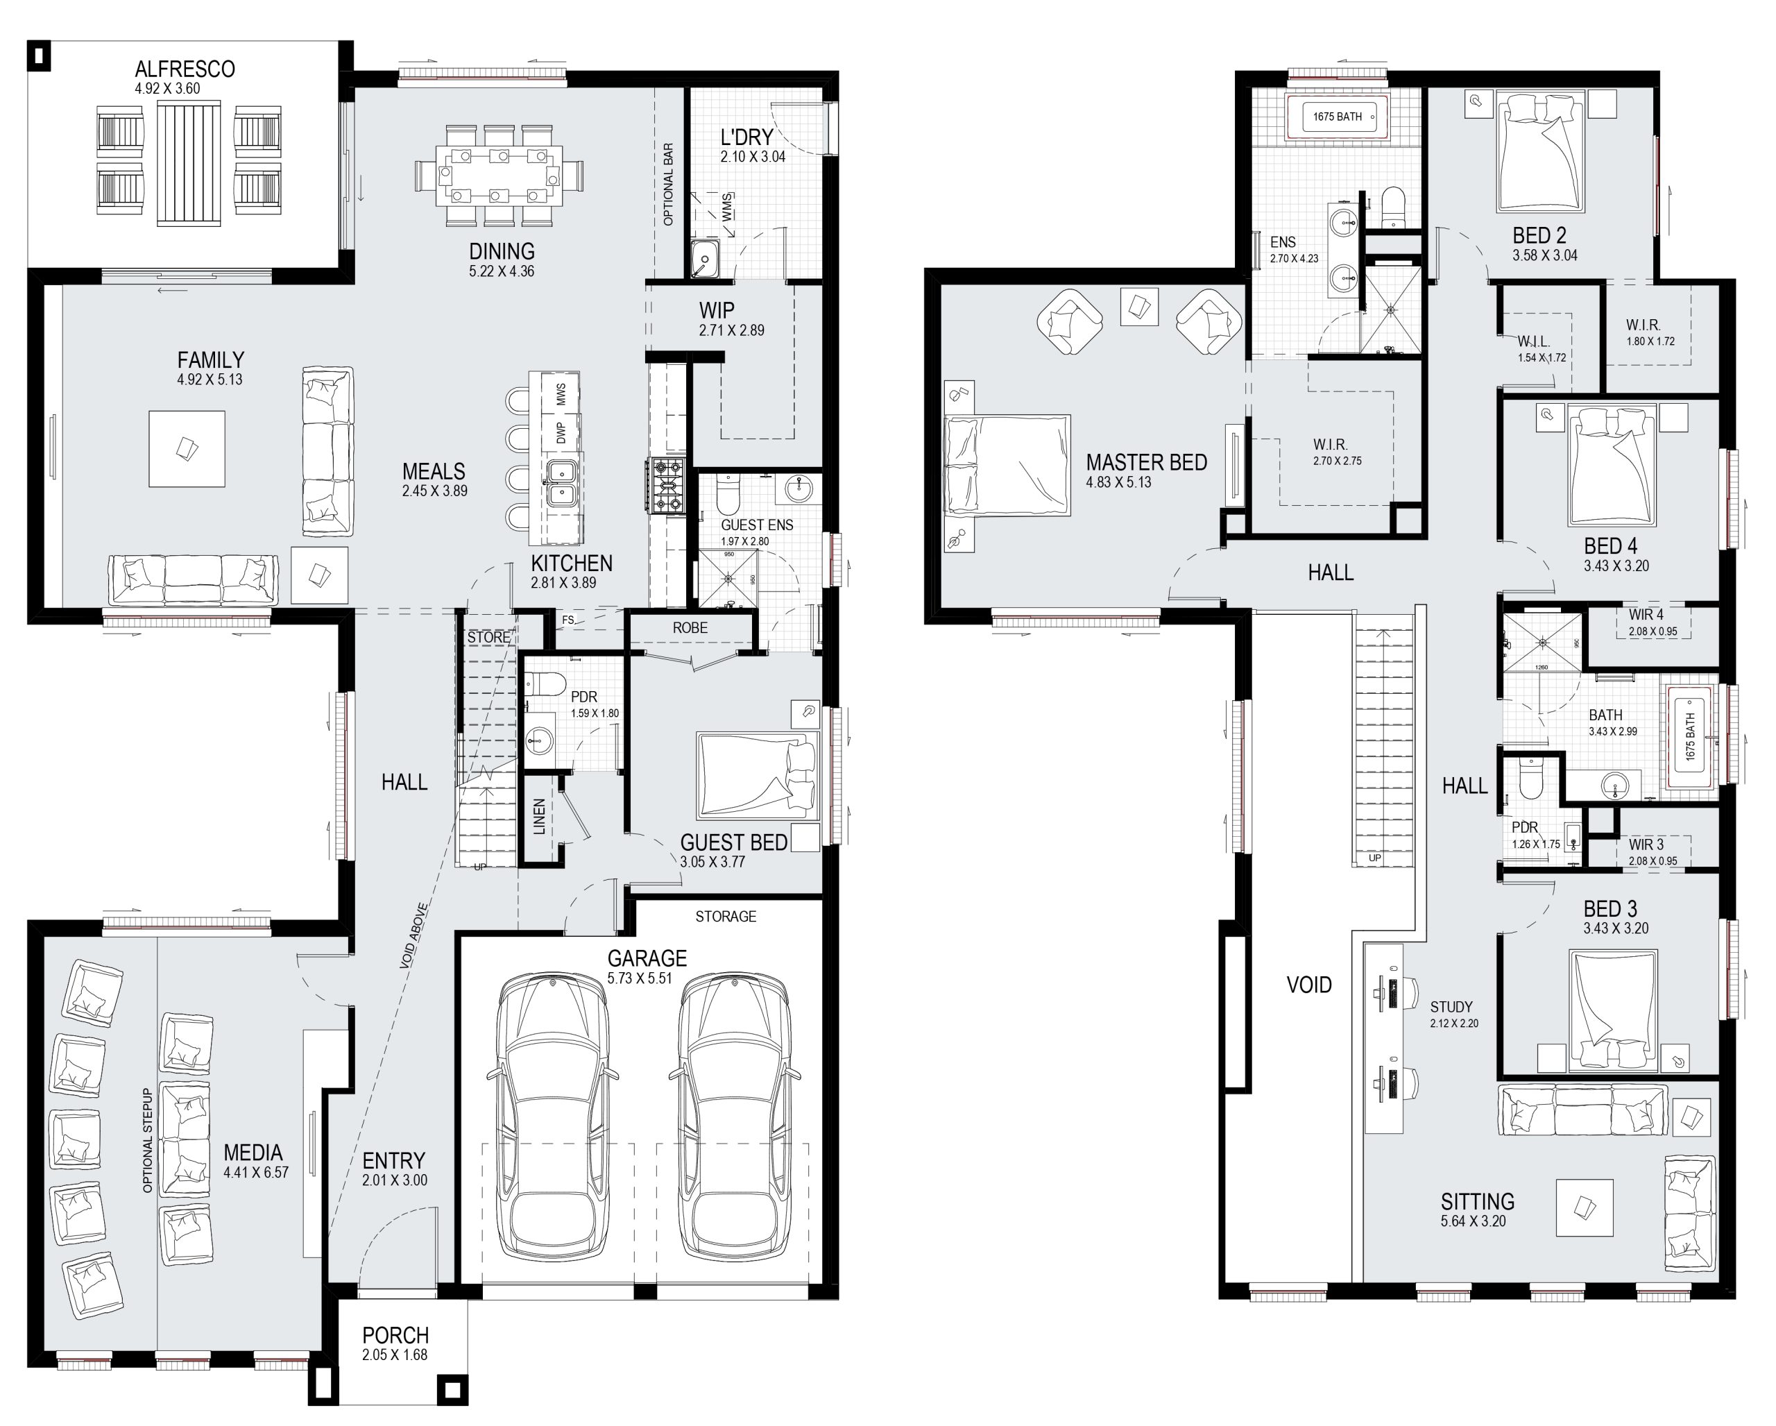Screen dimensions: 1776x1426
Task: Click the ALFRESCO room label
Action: coord(185,69)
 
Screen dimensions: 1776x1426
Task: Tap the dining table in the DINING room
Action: coord(501,176)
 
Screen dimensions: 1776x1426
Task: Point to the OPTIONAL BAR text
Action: coord(668,184)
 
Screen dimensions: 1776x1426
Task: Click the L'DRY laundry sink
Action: coord(704,260)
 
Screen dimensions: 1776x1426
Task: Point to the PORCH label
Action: coord(395,1335)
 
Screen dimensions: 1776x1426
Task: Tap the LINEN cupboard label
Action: coord(539,816)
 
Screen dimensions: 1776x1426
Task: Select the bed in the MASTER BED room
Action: coord(1007,466)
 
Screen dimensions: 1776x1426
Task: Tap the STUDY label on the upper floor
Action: coord(1451,1007)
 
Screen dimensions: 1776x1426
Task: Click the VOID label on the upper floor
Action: coord(1309,985)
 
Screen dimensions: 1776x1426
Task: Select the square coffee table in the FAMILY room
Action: coord(187,449)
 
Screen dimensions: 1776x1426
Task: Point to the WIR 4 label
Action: coord(1646,615)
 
